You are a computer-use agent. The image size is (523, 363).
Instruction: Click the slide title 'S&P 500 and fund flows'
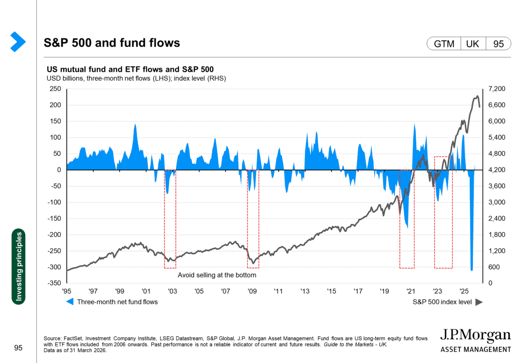pyautogui.click(x=112, y=43)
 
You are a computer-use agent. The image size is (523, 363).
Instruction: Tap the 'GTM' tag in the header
pyautogui.click(x=444, y=44)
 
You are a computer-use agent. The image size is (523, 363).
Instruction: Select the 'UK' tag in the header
pyautogui.click(x=473, y=44)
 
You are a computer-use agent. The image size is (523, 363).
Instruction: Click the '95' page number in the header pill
pyautogui.click(x=499, y=44)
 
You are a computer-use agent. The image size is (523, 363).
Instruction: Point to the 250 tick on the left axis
pyautogui.click(x=55, y=89)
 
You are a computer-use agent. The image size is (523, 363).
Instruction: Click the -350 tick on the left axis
pyautogui.click(x=54, y=283)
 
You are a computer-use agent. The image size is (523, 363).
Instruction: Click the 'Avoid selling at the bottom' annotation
pyautogui.click(x=217, y=276)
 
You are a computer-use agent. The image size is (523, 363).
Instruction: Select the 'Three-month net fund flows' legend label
pyautogui.click(x=117, y=302)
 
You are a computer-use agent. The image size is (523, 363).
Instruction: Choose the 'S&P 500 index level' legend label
pyautogui.click(x=442, y=302)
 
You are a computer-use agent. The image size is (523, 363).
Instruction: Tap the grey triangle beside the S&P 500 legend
pyautogui.click(x=479, y=302)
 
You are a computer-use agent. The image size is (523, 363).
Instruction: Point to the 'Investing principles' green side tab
pyautogui.click(x=18, y=266)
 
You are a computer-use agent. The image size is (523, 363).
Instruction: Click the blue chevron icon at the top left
pyautogui.click(x=18, y=42)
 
